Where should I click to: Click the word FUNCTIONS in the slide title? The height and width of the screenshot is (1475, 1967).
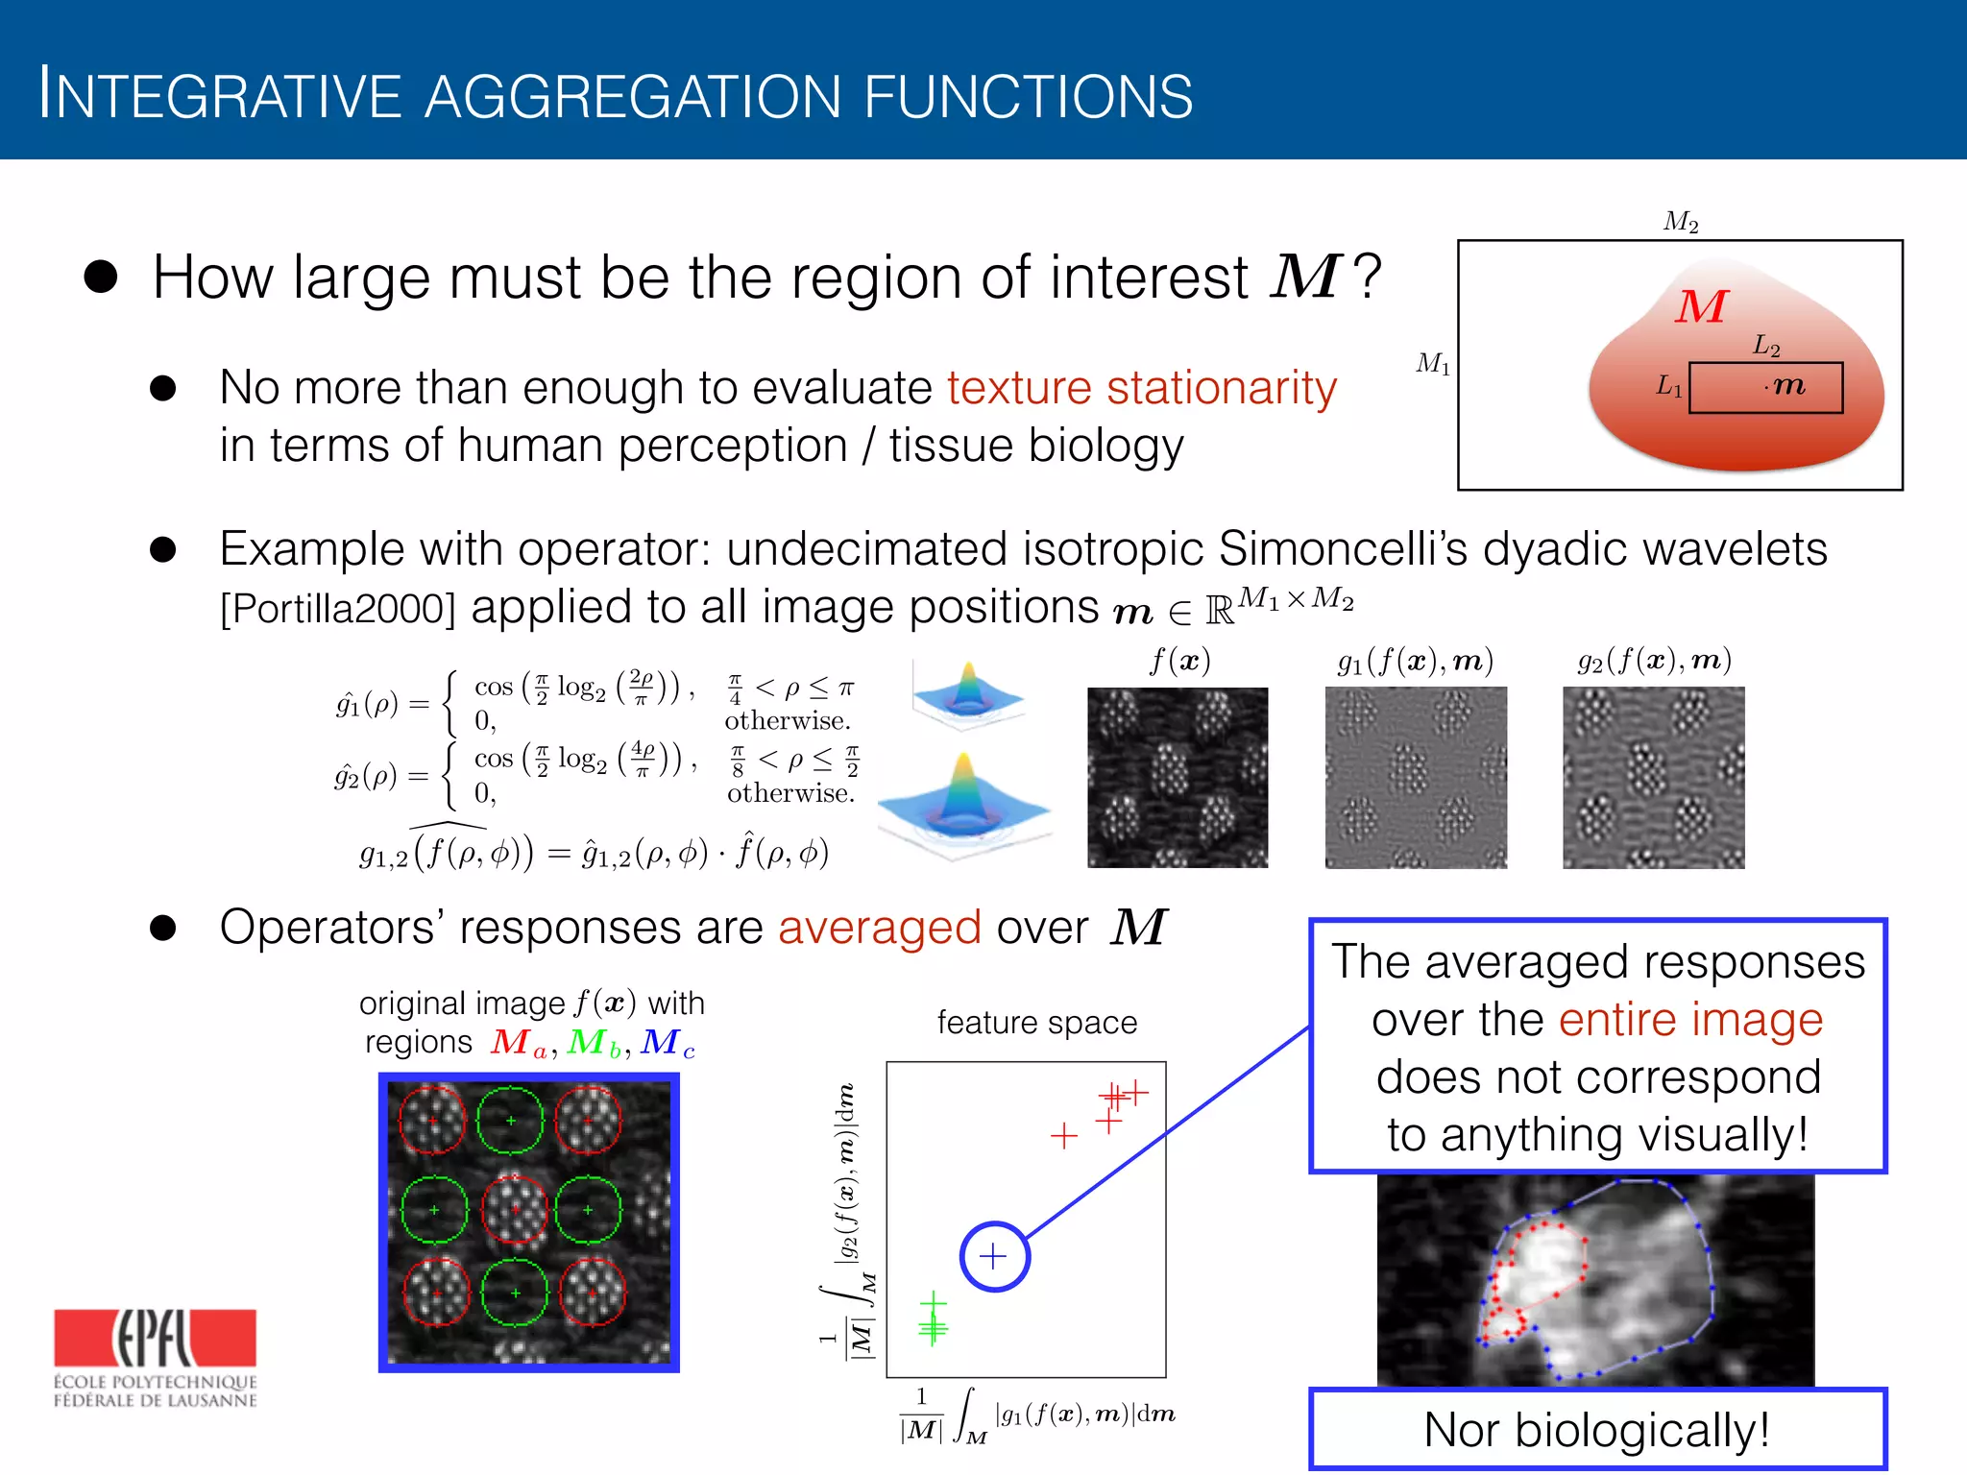1028,97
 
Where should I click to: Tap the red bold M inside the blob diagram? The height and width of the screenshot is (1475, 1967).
1701,307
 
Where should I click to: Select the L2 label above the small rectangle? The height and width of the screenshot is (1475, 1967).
1765,346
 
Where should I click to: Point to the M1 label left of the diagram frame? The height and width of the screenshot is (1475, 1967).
1433,363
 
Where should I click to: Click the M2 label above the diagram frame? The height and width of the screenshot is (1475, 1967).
1681,222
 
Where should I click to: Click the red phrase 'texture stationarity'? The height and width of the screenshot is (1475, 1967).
1141,389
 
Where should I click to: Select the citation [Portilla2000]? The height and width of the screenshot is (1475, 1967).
337,609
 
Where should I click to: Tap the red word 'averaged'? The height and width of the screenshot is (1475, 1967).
879,929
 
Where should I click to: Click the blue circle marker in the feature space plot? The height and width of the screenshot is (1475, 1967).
994,1256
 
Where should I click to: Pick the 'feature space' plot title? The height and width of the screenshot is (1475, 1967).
1036,1023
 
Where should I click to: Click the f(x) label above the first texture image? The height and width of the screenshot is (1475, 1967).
1179,661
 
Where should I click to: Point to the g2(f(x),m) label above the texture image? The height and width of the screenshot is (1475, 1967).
1654,661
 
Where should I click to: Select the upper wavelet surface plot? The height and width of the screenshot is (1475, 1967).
967,693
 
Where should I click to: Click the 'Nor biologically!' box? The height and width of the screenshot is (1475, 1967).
1597,1429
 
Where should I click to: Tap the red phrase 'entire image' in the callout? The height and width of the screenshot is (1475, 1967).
1689,1020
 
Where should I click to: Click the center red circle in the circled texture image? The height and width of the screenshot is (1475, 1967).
514,1209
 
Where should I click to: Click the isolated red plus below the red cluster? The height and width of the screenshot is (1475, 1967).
1063,1137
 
